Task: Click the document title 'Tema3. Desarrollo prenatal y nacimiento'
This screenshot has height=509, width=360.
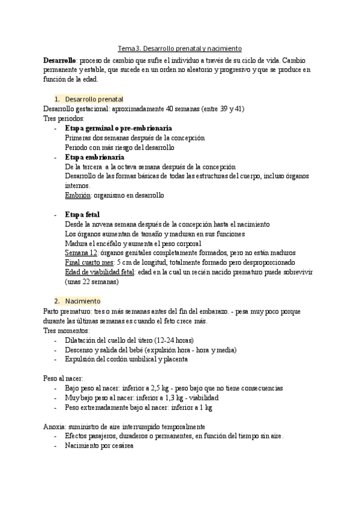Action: click(179, 48)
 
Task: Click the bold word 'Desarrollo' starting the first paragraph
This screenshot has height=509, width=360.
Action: click(59, 61)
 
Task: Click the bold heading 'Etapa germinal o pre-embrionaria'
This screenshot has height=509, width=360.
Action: click(119, 128)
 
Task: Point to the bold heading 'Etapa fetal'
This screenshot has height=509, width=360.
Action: click(82, 214)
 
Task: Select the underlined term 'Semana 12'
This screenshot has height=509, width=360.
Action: click(80, 253)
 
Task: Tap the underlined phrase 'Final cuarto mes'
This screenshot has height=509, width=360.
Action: click(89, 262)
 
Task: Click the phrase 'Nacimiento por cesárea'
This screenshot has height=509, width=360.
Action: click(99, 446)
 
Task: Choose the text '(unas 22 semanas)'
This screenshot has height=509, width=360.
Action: click(92, 282)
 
